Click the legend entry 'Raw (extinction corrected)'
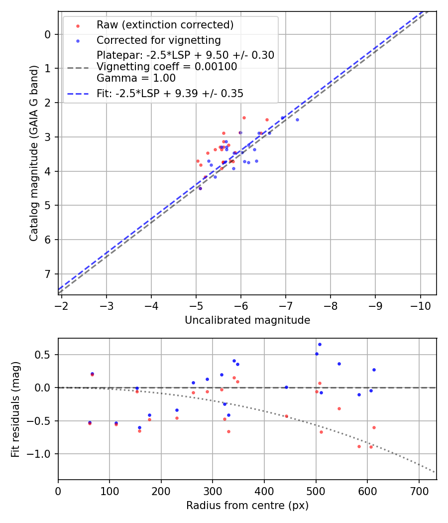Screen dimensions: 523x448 click(x=165, y=25)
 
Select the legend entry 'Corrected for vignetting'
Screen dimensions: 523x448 click(x=158, y=40)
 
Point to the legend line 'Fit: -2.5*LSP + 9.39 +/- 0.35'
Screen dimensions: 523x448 click(x=170, y=93)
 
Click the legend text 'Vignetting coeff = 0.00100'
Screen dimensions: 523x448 click(x=167, y=67)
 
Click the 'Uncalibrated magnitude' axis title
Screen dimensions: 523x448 click(x=247, y=320)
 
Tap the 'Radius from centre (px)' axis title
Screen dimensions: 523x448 click(x=247, y=506)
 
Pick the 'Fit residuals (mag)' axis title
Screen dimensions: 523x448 click(x=15, y=409)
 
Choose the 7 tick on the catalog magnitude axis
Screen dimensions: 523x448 click(x=48, y=274)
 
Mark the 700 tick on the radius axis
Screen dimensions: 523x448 click(x=419, y=490)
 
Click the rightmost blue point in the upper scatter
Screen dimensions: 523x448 click(x=297, y=120)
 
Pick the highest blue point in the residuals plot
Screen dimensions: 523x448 click(x=320, y=344)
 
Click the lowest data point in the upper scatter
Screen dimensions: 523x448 click(x=200, y=188)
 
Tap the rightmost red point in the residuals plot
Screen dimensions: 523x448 click(x=374, y=427)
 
